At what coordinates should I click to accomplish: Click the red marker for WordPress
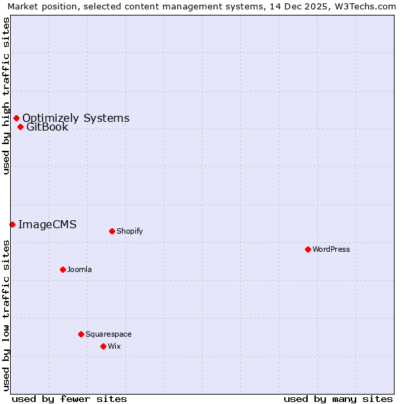[x=308, y=249]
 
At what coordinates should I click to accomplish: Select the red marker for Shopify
[x=112, y=231]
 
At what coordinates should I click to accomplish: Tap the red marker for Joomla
[x=63, y=269]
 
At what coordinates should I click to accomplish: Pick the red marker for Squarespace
[x=81, y=334]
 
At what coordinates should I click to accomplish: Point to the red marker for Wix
[x=103, y=346]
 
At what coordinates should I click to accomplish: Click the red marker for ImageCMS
[x=12, y=224]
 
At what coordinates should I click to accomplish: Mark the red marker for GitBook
[x=20, y=127]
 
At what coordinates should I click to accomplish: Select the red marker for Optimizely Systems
[x=16, y=119]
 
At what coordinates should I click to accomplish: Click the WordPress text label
[x=331, y=249]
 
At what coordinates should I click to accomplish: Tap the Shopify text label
[x=130, y=231]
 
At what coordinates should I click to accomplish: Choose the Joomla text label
[x=79, y=269]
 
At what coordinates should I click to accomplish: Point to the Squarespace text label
[x=108, y=334]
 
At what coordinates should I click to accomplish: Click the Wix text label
[x=114, y=346]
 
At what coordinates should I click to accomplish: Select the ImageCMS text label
[x=47, y=224]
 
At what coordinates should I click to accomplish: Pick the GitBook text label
[x=47, y=127]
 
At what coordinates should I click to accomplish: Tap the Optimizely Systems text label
[x=75, y=119]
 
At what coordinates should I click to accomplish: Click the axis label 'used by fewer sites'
[x=69, y=399]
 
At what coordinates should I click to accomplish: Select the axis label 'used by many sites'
[x=338, y=399]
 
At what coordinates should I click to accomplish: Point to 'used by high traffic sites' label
[x=7, y=96]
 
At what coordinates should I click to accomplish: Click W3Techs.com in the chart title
[x=364, y=7]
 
